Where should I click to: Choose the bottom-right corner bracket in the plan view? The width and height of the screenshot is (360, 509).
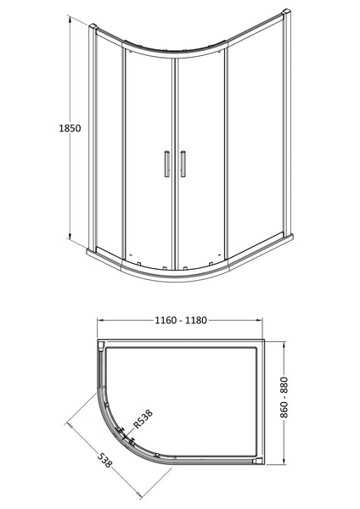pyautogui.click(x=256, y=461)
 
